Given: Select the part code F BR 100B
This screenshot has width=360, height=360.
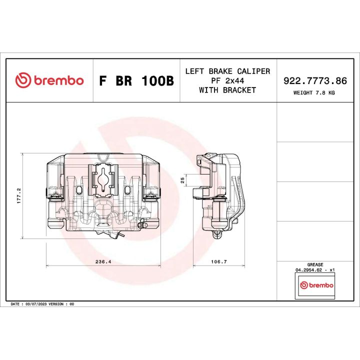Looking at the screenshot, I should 136,81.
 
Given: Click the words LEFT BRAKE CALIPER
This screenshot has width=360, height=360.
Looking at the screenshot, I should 227,71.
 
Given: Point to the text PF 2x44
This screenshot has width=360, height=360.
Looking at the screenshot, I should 227,80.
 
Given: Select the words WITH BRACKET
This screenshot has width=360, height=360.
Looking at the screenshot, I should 227,90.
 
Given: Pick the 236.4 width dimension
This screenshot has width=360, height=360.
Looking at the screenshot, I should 103,261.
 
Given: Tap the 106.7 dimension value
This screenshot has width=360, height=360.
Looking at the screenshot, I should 218,261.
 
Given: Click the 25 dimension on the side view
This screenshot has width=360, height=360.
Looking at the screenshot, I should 183,179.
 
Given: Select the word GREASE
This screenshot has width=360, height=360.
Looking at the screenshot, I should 315,264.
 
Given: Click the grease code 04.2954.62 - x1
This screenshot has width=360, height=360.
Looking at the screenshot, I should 315,269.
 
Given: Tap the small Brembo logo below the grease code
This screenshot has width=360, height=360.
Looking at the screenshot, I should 315,285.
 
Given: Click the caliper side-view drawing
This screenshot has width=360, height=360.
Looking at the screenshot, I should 220,195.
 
